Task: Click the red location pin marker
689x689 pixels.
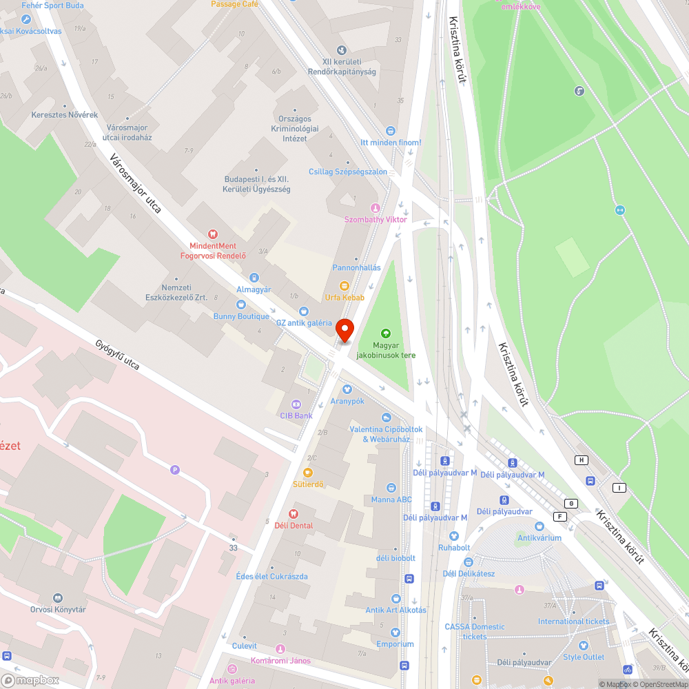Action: [344, 331]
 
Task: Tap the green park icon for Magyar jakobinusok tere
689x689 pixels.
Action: [385, 334]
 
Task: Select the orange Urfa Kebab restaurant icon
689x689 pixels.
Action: [344, 285]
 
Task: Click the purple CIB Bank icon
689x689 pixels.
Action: [296, 404]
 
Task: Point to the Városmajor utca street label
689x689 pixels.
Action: [135, 183]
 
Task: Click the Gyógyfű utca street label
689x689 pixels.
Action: [117, 355]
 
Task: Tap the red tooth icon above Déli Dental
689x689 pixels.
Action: [293, 513]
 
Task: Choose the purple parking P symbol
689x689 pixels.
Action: [175, 470]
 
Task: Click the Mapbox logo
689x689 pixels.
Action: [31, 680]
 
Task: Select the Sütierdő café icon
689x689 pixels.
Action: [308, 473]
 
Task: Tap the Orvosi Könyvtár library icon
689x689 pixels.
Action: [58, 598]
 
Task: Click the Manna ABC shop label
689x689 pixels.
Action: [391, 500]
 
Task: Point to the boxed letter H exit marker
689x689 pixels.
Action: [582, 460]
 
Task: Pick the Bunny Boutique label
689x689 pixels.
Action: [241, 316]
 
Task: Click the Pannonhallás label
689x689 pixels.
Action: [356, 267]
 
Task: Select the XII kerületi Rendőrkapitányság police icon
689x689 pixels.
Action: [342, 50]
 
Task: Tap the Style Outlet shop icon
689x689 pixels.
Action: [584, 646]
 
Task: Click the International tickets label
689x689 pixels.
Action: [573, 621]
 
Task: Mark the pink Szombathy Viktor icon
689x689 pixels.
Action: [376, 208]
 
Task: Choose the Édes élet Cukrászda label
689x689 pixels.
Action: [271, 576]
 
